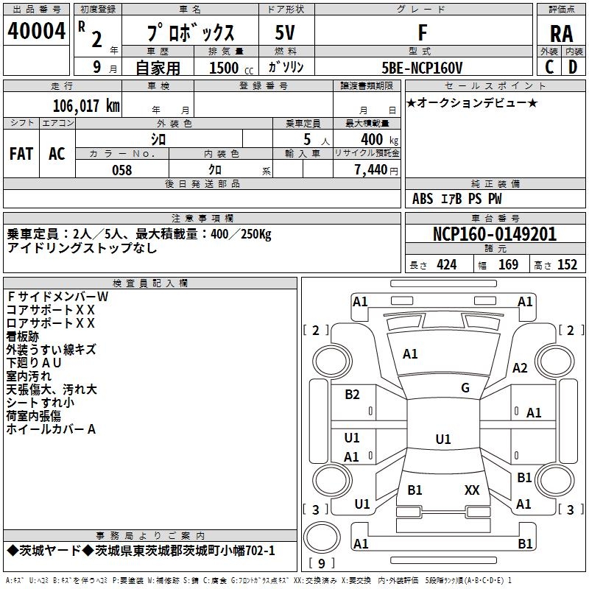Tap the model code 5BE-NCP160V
(423, 68)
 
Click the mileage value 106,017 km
(86, 105)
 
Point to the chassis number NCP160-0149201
(494, 235)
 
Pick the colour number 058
(121, 170)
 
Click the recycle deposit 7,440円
(375, 170)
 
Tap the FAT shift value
(21, 154)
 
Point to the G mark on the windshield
(465, 388)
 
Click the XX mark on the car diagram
(472, 490)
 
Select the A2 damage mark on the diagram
(521, 368)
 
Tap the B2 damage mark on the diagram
(353, 395)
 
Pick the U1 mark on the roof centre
(442, 440)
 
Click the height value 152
(567, 265)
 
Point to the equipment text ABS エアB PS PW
(457, 199)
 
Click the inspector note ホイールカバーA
(52, 428)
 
